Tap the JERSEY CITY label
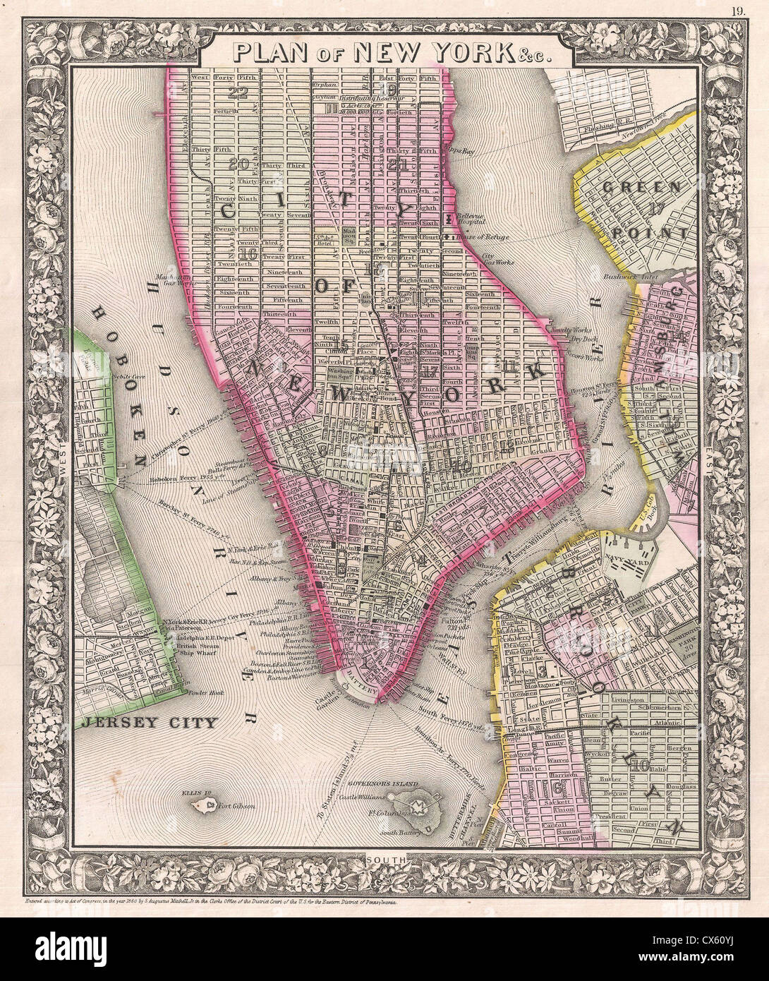(x=147, y=722)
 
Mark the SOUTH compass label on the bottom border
(x=384, y=859)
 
